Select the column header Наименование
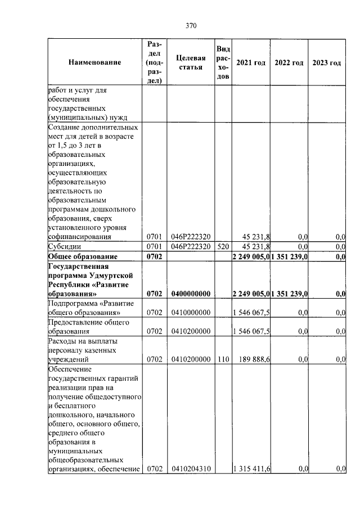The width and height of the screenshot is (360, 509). point(94,62)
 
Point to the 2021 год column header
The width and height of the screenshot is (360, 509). point(251,62)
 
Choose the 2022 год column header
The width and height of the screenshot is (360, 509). point(289,62)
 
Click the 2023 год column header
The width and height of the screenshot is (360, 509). point(326,62)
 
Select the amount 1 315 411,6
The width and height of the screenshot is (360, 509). point(251,469)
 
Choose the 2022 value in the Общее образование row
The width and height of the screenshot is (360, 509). point(289,256)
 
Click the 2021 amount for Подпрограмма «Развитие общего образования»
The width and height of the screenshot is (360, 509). point(251,312)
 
